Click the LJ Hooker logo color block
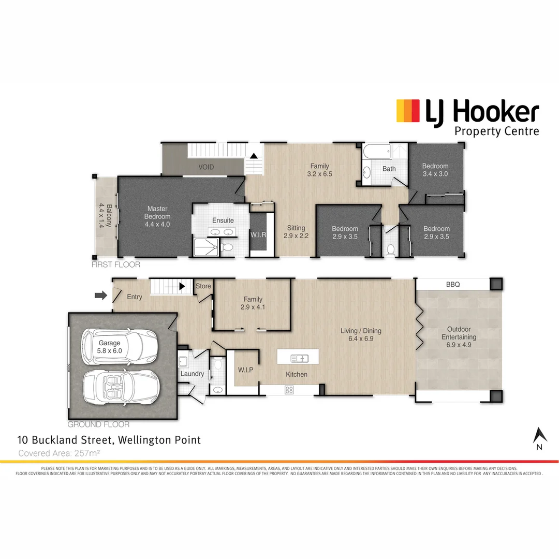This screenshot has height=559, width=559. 408,111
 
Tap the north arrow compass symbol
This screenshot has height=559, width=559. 540,436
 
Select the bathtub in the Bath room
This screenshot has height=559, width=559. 373,153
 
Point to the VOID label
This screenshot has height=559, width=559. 206,167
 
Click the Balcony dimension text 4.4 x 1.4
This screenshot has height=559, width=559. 102,216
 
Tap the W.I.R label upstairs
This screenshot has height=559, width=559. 258,235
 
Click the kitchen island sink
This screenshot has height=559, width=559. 300,358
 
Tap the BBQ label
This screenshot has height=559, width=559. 453,284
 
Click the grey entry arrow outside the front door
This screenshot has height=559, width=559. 100,296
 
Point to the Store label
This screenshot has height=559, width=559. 203,286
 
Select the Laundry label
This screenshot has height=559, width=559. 192,374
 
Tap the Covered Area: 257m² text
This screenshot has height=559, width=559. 59,453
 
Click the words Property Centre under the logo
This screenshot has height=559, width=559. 496,131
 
